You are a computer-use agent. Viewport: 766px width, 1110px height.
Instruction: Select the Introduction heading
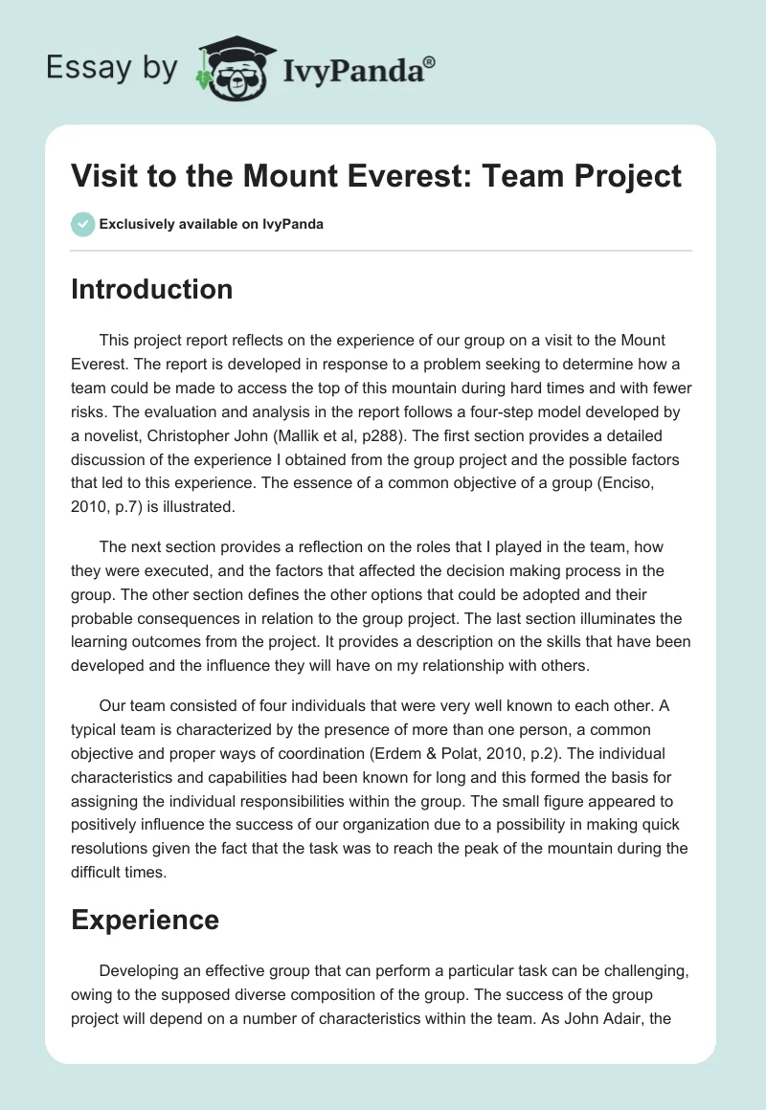coord(151,289)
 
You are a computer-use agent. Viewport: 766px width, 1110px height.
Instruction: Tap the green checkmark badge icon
coord(82,224)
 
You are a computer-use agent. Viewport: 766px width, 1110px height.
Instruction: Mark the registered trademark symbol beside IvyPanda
coord(430,62)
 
